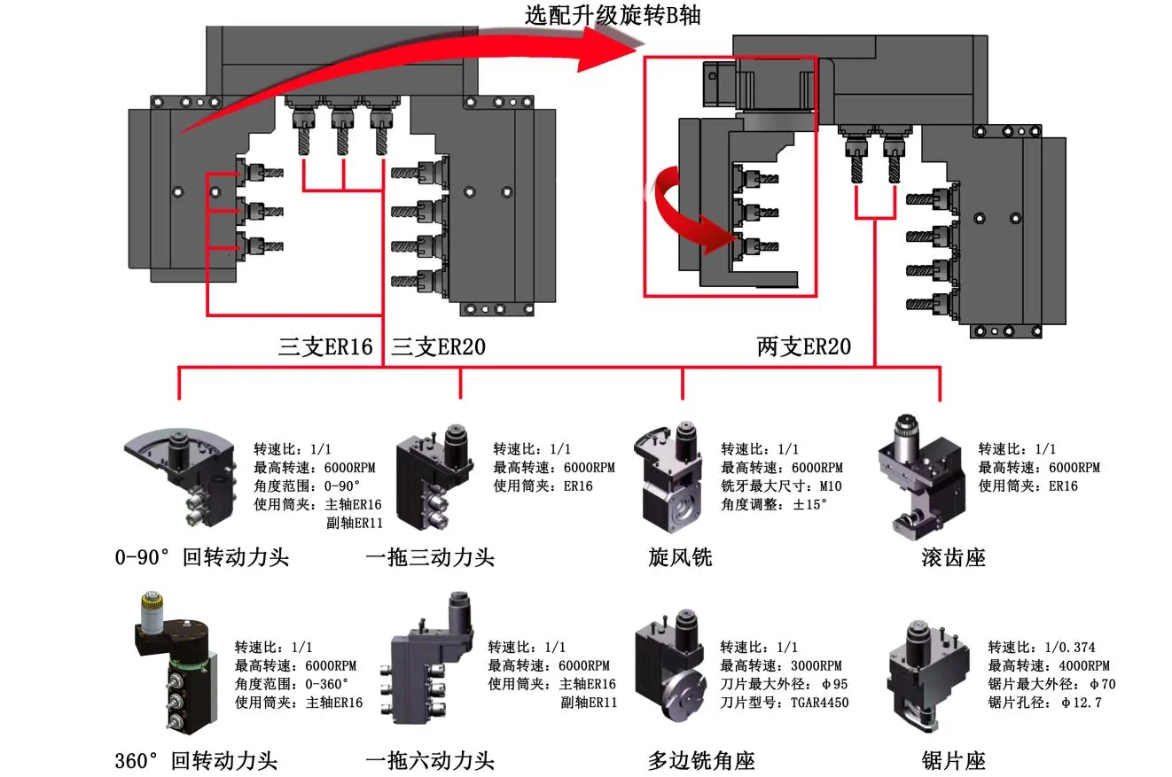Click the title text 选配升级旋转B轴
click(x=613, y=14)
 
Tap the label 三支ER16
click(x=325, y=346)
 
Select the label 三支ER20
click(x=438, y=346)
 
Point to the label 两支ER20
click(x=803, y=346)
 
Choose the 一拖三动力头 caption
click(x=430, y=557)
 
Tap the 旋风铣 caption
click(x=680, y=557)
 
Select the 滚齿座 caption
click(x=953, y=557)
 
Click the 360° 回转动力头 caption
click(x=196, y=760)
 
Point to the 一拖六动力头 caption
click(x=430, y=760)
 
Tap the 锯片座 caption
click(x=953, y=760)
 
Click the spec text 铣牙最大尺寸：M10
click(x=781, y=486)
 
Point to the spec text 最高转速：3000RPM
click(x=780, y=665)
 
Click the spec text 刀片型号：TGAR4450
click(x=784, y=703)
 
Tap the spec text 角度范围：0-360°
click(x=292, y=684)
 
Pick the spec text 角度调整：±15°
click(x=773, y=504)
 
